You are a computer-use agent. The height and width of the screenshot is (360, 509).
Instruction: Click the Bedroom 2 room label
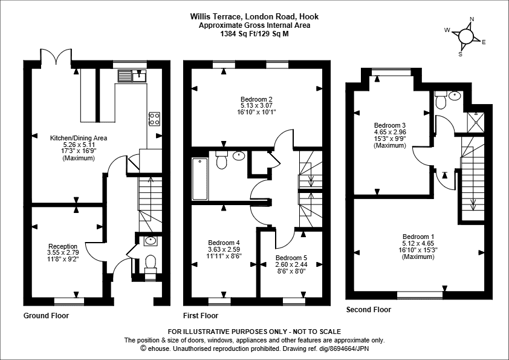tap(256, 99)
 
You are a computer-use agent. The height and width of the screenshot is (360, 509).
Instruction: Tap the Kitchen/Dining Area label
tap(79, 138)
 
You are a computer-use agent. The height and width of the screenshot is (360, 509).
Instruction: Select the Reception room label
tap(63, 246)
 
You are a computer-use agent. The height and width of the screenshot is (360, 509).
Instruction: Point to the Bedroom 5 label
tap(291, 258)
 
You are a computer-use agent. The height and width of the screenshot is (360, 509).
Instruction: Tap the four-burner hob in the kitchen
tap(154, 119)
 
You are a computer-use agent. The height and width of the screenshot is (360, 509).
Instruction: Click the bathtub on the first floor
tap(200, 178)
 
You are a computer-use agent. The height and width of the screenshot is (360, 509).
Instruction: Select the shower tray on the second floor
tap(476, 122)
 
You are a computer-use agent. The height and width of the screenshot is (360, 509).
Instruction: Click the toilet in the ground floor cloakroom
tap(150, 263)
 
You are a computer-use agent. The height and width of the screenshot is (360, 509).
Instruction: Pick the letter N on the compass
tap(472, 19)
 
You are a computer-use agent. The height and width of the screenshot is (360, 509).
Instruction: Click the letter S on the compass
tap(460, 54)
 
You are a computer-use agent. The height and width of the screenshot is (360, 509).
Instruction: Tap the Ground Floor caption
tap(46, 315)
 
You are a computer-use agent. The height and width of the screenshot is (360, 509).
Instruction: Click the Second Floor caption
tap(368, 310)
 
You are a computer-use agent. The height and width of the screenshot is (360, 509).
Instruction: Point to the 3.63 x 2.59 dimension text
tap(224, 249)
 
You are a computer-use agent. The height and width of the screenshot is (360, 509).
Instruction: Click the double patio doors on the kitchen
tap(56, 56)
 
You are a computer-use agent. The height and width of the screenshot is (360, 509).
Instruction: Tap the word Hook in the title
tap(309, 16)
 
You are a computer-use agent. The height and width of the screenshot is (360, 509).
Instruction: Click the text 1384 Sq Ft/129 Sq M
tap(254, 34)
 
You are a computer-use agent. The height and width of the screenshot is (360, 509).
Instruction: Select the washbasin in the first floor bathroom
tap(239, 155)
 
